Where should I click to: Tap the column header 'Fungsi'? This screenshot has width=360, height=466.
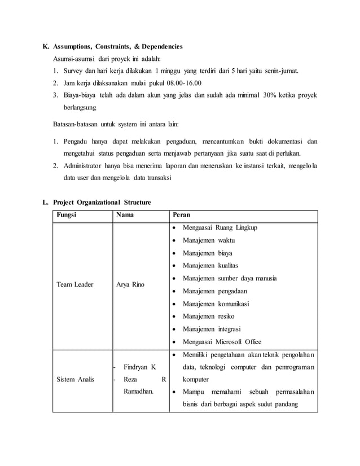(67, 215)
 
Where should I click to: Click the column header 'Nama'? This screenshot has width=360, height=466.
(125, 215)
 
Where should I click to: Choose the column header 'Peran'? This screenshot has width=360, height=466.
(182, 215)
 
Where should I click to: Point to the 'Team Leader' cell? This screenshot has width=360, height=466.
(74, 284)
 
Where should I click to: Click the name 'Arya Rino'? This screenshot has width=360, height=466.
(130, 284)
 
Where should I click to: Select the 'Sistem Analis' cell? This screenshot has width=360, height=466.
(76, 380)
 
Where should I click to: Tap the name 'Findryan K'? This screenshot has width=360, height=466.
(139, 367)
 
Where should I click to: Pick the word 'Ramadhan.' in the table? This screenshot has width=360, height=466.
(139, 392)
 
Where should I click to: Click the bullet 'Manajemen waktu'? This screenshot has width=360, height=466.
(208, 240)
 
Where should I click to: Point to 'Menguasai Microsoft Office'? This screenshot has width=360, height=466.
(222, 341)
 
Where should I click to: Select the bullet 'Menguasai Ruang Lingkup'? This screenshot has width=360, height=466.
(219, 227)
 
